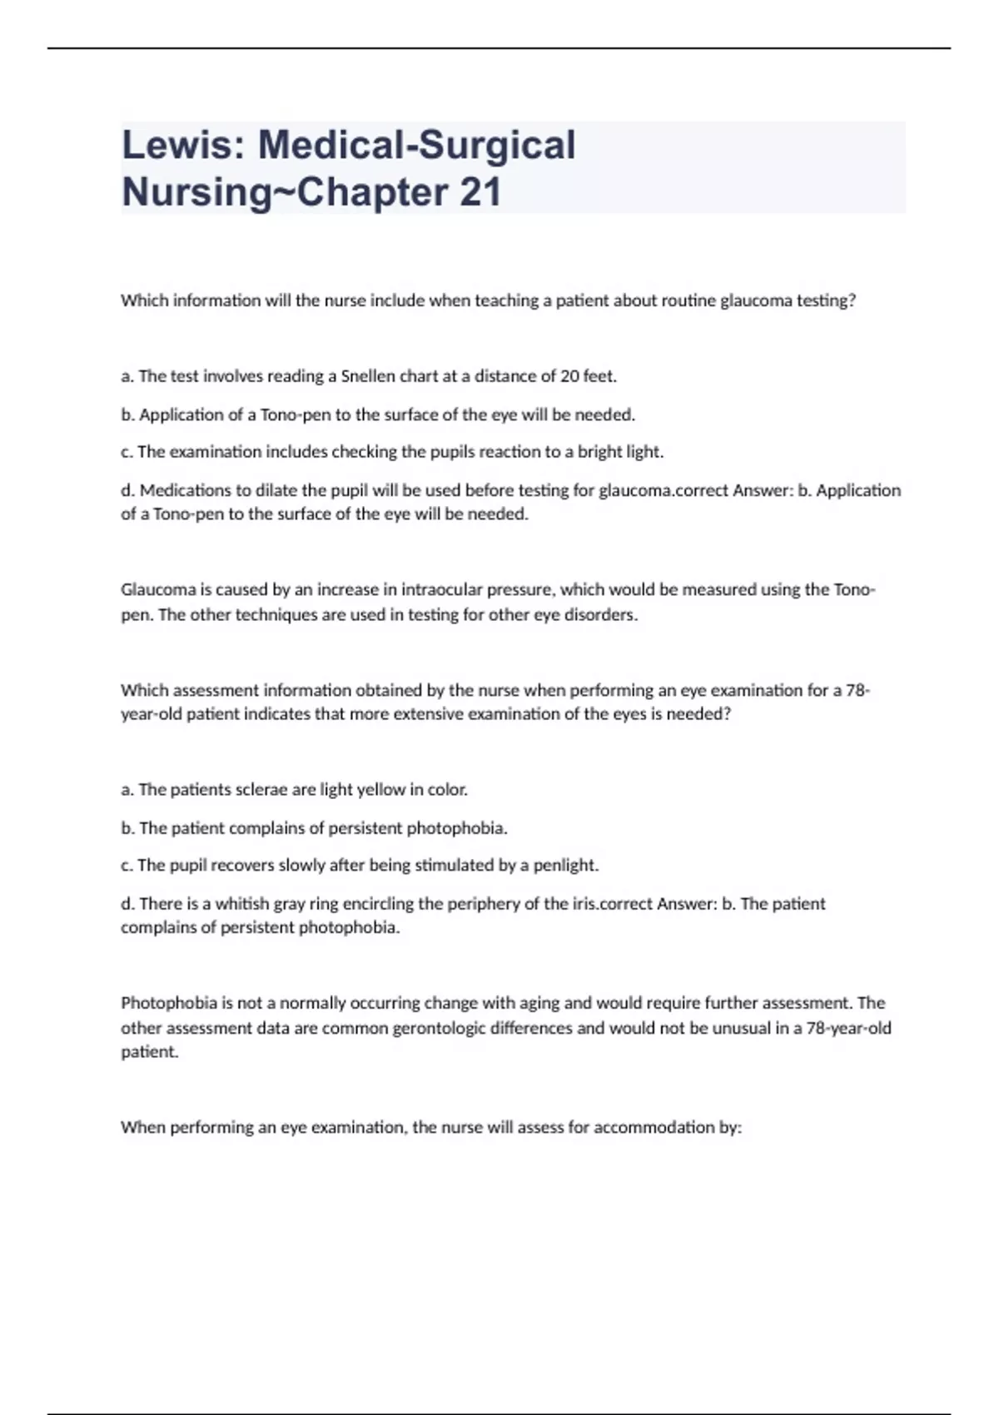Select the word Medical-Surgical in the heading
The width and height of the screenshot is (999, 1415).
[416, 145]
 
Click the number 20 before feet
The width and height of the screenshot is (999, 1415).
[569, 376]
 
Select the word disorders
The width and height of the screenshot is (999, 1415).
[601, 615]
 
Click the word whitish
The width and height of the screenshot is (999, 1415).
[242, 904]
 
